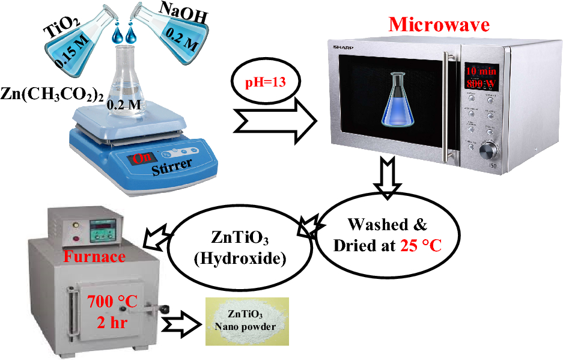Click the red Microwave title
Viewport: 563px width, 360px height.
tap(439, 24)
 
